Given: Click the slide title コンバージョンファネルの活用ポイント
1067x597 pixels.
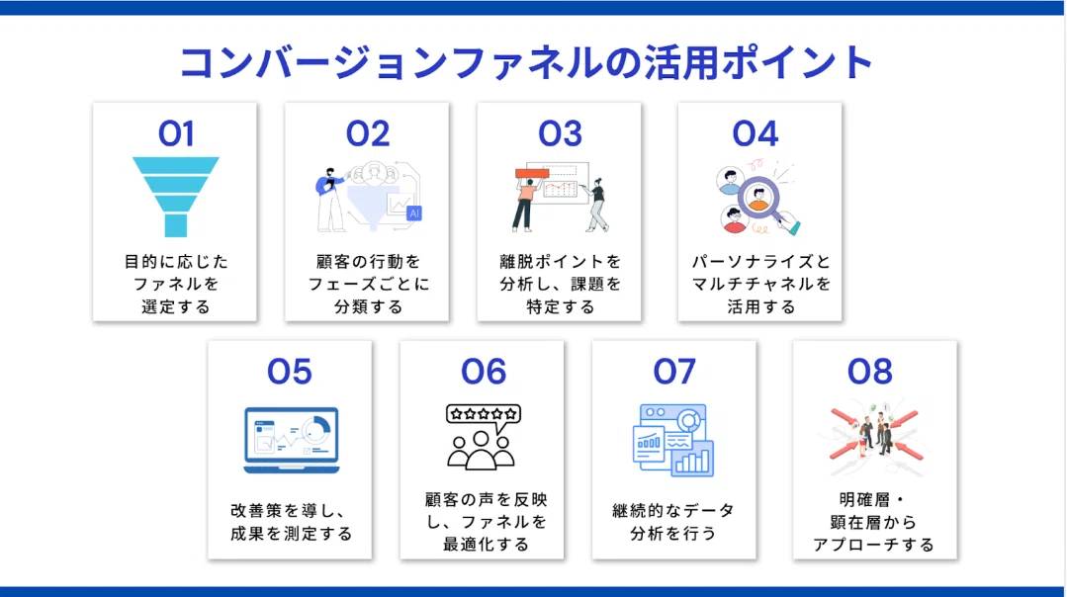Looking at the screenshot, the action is [x=526, y=63].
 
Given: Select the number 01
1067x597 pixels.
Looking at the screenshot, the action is [x=176, y=133].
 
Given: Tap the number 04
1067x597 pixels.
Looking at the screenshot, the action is [x=756, y=133].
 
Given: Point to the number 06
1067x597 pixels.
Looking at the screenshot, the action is [x=484, y=372].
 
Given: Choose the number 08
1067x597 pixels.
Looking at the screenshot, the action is [x=869, y=372].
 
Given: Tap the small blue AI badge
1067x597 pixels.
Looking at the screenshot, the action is [x=413, y=213].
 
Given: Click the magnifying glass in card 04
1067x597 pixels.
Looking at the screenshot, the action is [x=764, y=203].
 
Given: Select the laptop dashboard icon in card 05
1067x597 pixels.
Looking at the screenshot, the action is [x=292, y=440].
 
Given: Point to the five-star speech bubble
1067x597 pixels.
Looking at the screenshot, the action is [x=484, y=415].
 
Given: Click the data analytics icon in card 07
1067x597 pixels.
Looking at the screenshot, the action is [x=673, y=440].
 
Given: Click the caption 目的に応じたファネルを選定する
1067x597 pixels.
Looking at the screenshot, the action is [x=176, y=285].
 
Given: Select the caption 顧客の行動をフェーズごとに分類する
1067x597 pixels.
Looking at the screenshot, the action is [x=368, y=285].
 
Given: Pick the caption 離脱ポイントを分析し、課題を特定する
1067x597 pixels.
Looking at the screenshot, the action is [x=560, y=285].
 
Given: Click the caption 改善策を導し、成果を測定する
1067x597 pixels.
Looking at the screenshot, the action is [x=291, y=522].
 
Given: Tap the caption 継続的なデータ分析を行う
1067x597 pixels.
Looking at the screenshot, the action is [x=673, y=522].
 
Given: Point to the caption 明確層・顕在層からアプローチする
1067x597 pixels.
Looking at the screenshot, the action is [x=874, y=522].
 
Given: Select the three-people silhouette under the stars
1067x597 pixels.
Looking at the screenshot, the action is [x=481, y=450].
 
